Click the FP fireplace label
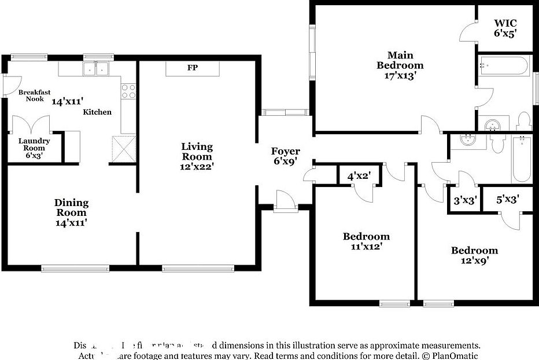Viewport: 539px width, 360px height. (193, 68)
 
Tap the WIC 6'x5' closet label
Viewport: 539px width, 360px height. (504, 28)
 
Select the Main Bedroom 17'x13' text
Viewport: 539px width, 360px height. (400, 65)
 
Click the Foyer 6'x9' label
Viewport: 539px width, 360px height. (285, 156)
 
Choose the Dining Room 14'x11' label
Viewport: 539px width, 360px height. (71, 212)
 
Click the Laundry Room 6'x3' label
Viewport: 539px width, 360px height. (34, 148)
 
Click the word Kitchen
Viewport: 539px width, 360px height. (97, 112)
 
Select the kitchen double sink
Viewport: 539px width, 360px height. (97, 69)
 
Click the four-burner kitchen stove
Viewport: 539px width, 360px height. (128, 91)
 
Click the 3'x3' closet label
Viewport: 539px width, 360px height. (464, 200)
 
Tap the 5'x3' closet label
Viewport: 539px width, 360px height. (507, 200)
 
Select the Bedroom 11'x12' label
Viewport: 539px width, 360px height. (366, 241)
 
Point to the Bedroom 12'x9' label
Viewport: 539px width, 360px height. (474, 255)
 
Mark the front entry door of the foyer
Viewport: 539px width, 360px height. (285, 202)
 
